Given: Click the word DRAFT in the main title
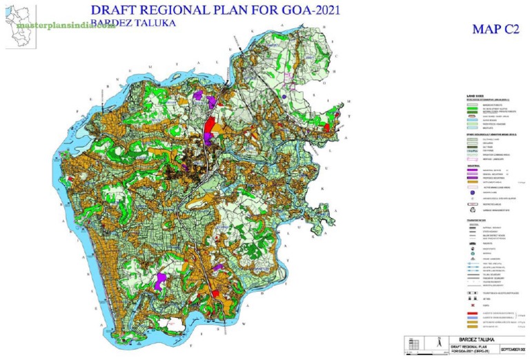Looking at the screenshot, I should coord(118,10).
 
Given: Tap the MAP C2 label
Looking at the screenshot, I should coord(495,29).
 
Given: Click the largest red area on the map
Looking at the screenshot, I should coord(208,129).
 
